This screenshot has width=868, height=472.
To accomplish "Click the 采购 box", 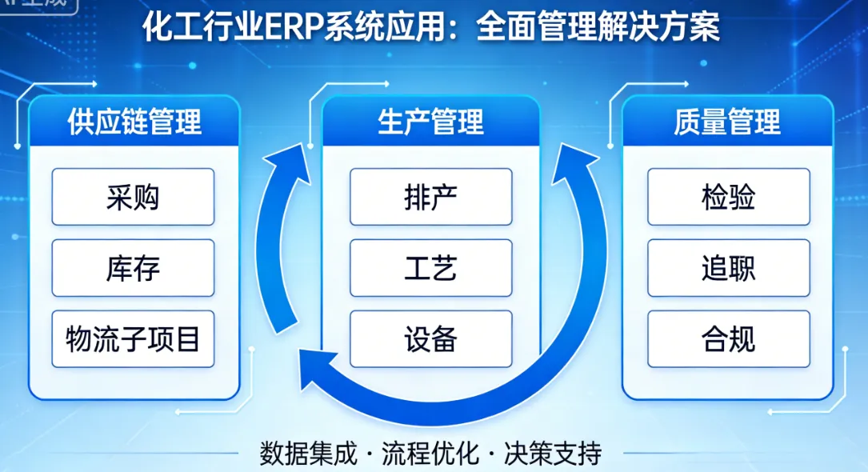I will click(x=133, y=197).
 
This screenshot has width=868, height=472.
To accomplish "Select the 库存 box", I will click(x=133, y=268).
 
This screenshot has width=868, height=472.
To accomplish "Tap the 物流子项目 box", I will click(x=133, y=339).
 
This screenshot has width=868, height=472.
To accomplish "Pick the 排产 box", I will click(x=430, y=197).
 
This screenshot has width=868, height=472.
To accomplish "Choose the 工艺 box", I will click(x=430, y=268).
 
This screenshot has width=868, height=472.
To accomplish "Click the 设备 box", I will click(x=430, y=339).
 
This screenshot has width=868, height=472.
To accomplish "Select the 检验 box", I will click(x=728, y=197).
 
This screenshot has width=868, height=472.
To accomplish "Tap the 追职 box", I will click(x=728, y=268).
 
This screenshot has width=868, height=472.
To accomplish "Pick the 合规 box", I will click(x=728, y=339).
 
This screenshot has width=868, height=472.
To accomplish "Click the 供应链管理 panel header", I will click(x=134, y=122).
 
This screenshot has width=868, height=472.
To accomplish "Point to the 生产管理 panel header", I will click(x=430, y=122).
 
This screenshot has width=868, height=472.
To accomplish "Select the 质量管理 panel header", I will click(x=726, y=122).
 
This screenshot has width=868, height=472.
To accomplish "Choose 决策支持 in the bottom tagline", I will click(x=553, y=454).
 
